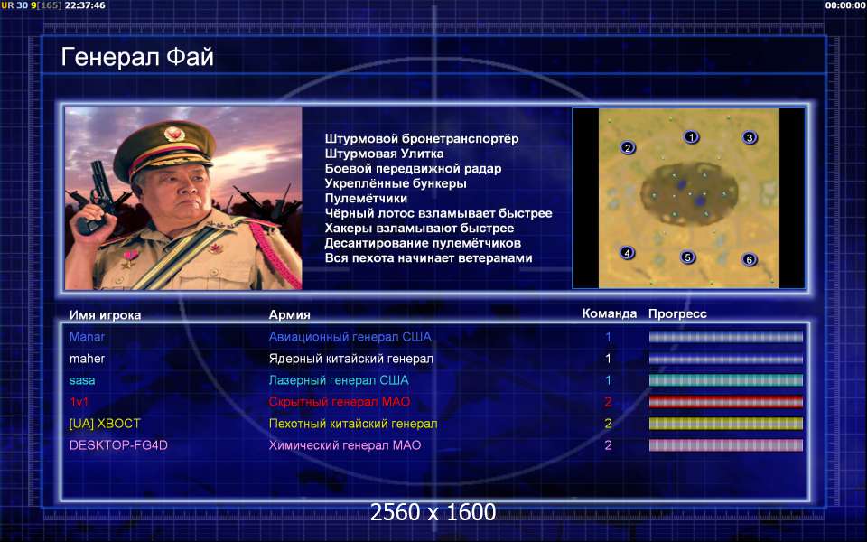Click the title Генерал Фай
click(136, 57)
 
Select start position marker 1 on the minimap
click(691, 136)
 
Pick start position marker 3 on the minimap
click(750, 137)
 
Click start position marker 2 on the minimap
click(627, 147)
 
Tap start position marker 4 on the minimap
click(627, 253)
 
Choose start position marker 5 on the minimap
click(687, 257)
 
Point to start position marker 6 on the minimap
click(750, 259)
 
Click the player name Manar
click(87, 337)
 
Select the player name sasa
click(82, 380)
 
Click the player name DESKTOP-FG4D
click(118, 445)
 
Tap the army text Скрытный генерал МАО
click(340, 402)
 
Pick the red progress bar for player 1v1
click(725, 402)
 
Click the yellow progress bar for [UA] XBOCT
click(725, 424)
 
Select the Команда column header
click(610, 314)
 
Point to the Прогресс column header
click(677, 314)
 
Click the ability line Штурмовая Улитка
click(385, 154)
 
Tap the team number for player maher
click(608, 359)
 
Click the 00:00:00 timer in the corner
click(844, 5)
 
